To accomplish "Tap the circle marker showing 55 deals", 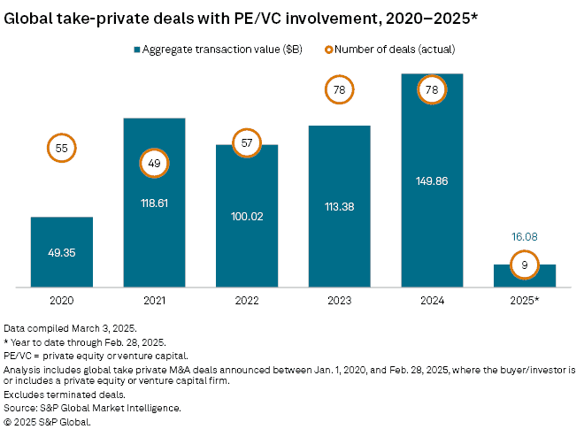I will pyautogui.click(x=61, y=149).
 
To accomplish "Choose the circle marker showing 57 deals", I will pyautogui.click(x=247, y=142).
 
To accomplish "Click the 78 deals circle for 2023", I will pyautogui.click(x=339, y=89).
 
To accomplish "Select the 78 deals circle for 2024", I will pyautogui.click(x=432, y=89).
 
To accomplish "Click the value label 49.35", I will pyautogui.click(x=61, y=252).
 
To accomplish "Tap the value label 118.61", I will pyautogui.click(x=154, y=202).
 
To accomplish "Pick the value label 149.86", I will pyautogui.click(x=432, y=180).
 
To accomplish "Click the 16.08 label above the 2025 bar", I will pyautogui.click(x=524, y=237).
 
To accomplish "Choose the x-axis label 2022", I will pyautogui.click(x=247, y=300).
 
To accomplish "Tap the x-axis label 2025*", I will pyautogui.click(x=524, y=300).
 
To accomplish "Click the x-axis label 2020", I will pyautogui.click(x=61, y=300).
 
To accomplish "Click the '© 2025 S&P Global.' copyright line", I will pyautogui.click(x=48, y=422).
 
